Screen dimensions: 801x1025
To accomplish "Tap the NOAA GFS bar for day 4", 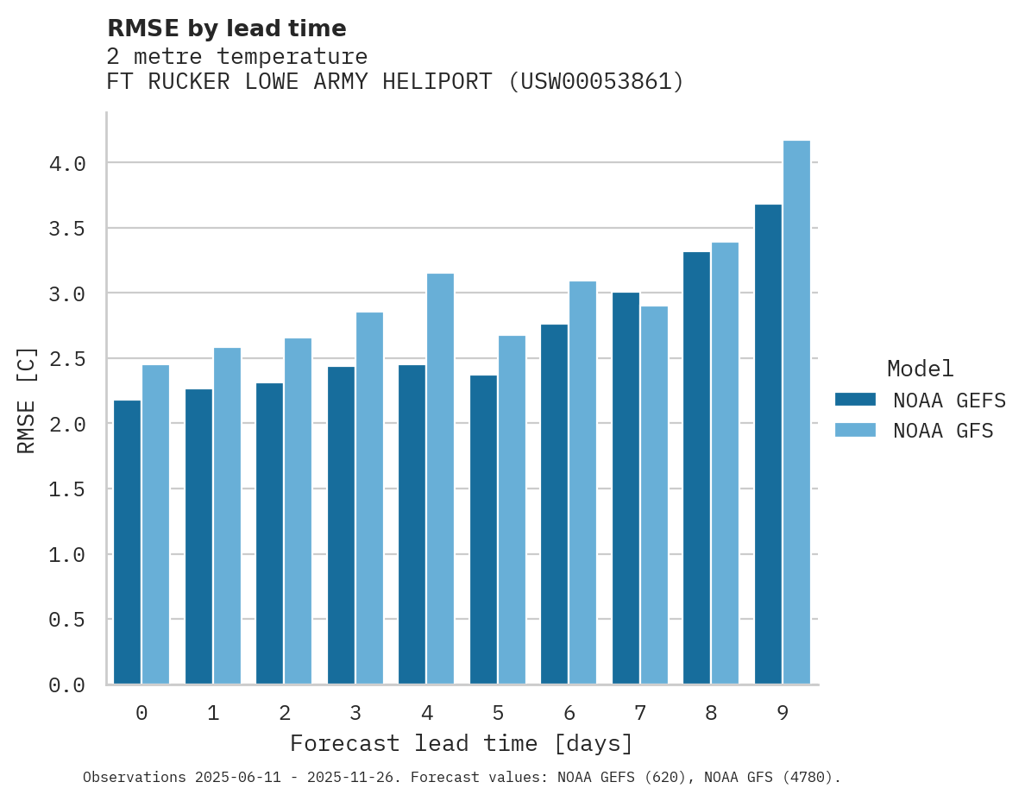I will pos(440,479).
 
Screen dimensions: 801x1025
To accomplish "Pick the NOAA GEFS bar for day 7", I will pos(626,489).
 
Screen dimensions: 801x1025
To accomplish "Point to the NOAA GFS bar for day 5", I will pos(512,510).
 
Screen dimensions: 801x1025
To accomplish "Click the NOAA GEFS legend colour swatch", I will pos(855,400).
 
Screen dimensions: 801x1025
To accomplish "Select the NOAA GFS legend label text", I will pos(943,431).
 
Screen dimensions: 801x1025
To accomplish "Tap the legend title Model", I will pos(920,369).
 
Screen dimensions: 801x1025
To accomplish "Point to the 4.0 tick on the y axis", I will pos(67,163).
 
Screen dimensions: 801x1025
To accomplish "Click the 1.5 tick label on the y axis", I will pos(67,489).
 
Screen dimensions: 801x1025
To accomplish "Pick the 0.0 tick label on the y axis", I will pos(67,685).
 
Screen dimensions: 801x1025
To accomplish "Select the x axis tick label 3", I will pos(355,713).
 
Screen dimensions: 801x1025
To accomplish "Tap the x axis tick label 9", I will pos(783,713).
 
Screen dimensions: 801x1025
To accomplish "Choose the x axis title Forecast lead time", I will pos(462,743).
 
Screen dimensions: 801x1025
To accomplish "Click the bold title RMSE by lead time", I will pos(227,28).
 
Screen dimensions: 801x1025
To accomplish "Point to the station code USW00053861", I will pos(595,82).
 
